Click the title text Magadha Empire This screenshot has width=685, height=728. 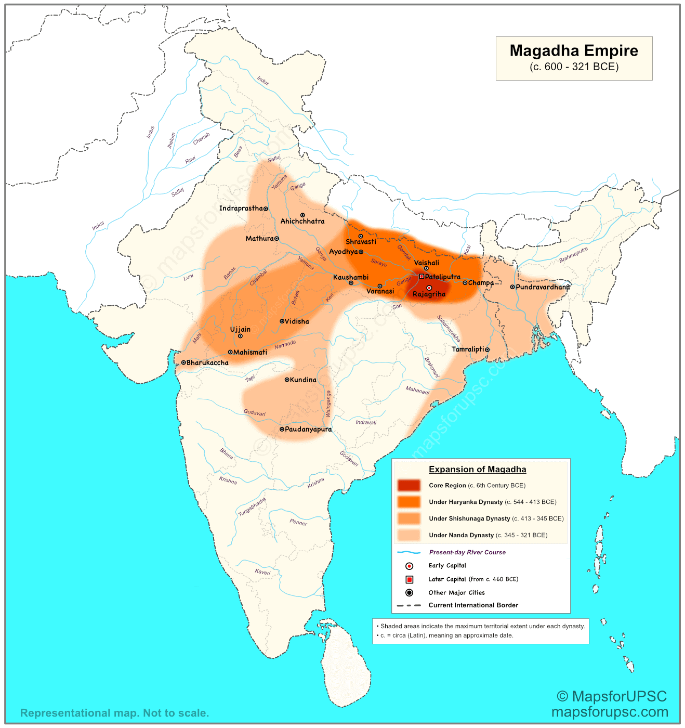tap(574, 51)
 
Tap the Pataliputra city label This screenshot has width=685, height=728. tap(443, 277)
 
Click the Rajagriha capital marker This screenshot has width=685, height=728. tap(429, 288)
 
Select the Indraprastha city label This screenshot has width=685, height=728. tap(241, 209)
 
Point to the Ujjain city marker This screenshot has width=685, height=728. tap(240, 336)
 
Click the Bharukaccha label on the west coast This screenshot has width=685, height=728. tap(207, 363)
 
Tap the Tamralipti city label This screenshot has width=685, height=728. tap(468, 349)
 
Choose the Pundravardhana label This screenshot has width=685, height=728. tap(543, 287)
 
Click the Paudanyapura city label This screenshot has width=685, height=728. tap(308, 430)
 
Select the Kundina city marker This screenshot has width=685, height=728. tap(286, 380)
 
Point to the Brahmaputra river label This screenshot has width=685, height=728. tap(573, 254)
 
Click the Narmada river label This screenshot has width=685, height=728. tap(285, 345)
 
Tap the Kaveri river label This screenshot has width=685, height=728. tap(262, 572)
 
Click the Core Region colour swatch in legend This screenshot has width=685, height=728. tap(409, 485)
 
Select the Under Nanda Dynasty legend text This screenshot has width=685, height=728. tap(488, 535)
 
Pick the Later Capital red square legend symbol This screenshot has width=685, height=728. tap(409, 579)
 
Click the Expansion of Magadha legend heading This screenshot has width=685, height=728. tap(477, 470)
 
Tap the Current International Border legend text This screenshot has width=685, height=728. tap(473, 605)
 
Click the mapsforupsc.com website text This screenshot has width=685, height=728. tap(610, 712)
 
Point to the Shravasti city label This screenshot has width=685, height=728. tap(361, 242)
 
